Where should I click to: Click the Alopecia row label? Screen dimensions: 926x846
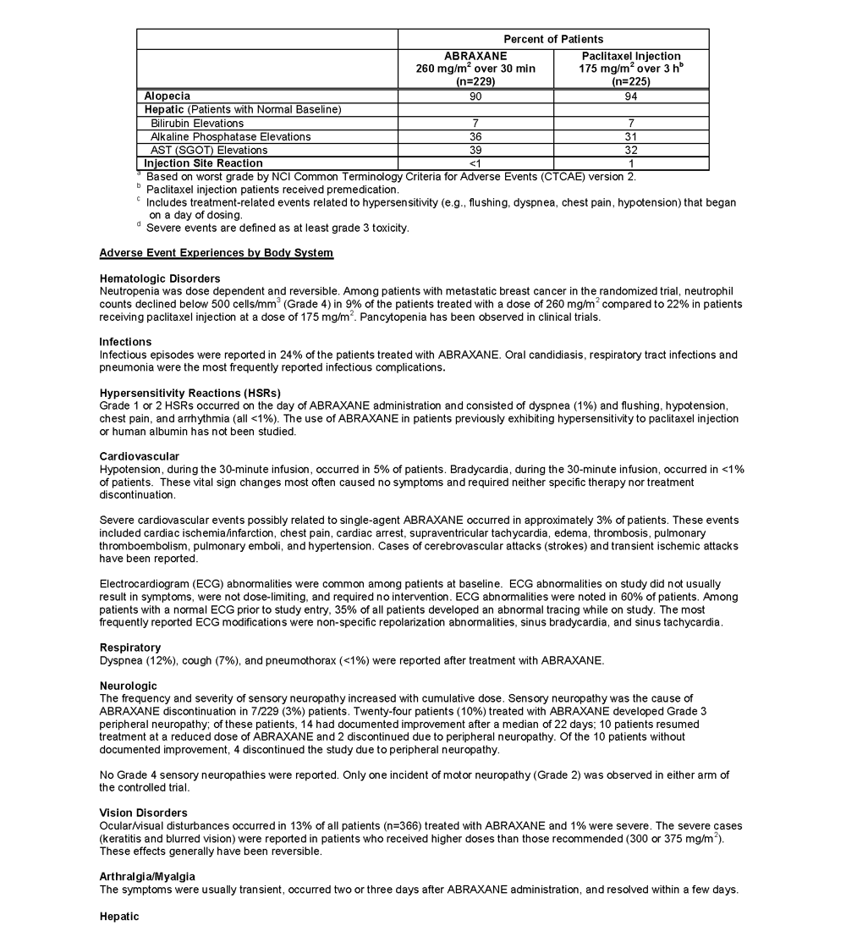(167, 96)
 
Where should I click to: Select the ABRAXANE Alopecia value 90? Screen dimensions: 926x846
(475, 96)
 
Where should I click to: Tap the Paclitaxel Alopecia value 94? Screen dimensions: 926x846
(631, 96)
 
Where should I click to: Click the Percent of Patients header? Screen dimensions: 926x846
(553, 39)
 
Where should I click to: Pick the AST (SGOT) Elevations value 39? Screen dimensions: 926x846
(475, 150)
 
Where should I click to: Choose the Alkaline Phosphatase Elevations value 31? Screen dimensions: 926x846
(631, 136)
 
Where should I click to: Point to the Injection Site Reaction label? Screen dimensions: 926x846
(203, 163)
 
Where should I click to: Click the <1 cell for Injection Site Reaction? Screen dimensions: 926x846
(475, 163)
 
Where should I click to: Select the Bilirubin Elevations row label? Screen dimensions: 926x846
(197, 124)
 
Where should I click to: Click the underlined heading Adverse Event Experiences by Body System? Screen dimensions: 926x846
(216, 253)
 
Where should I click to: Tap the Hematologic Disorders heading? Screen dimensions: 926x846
(160, 278)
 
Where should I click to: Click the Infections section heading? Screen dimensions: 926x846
(125, 342)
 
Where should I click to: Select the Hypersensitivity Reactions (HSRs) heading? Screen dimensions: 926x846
(190, 393)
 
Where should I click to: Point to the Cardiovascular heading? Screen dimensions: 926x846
(140, 456)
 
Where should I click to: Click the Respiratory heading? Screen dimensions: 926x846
(130, 648)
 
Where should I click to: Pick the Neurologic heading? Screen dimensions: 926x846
(128, 686)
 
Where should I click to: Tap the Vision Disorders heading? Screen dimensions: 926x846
(144, 813)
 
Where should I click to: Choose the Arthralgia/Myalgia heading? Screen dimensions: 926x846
(147, 876)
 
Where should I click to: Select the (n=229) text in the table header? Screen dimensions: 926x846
(475, 81)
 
